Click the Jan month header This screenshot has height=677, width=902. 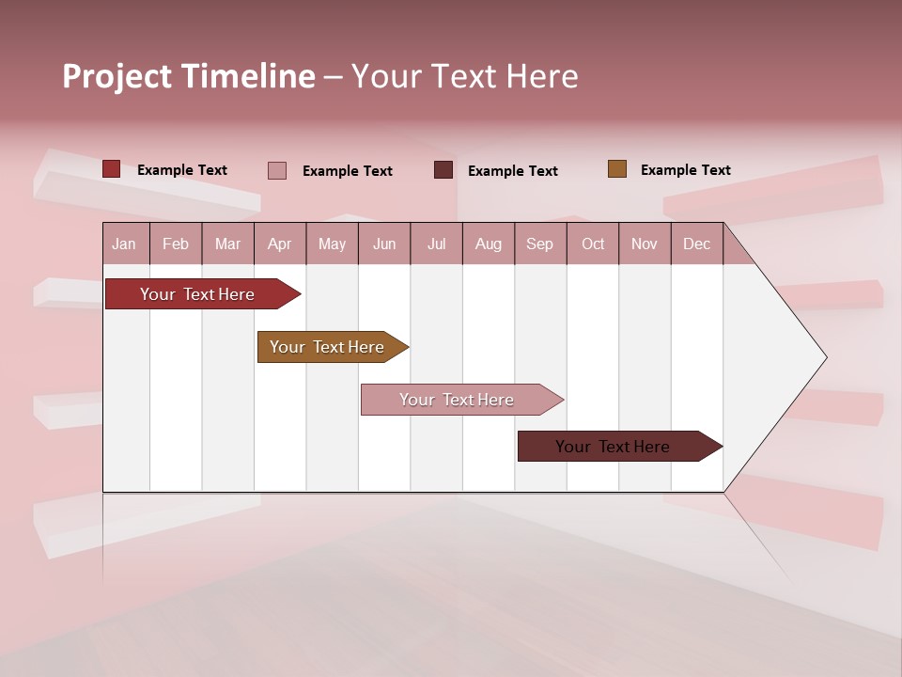(124, 244)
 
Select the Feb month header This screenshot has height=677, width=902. (176, 244)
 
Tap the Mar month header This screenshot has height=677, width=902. (227, 244)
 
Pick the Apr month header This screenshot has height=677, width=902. (280, 244)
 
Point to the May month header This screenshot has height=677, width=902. (332, 244)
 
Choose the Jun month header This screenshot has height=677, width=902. (384, 244)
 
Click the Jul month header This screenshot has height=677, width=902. (436, 244)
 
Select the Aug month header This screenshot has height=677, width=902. (489, 244)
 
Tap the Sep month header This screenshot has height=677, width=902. (540, 244)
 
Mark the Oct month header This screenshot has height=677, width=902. (593, 244)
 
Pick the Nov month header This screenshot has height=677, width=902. (645, 244)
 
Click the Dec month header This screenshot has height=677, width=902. (696, 244)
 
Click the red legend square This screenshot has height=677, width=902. (112, 169)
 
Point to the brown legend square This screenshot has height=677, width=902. (616, 169)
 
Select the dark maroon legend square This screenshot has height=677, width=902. (443, 170)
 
